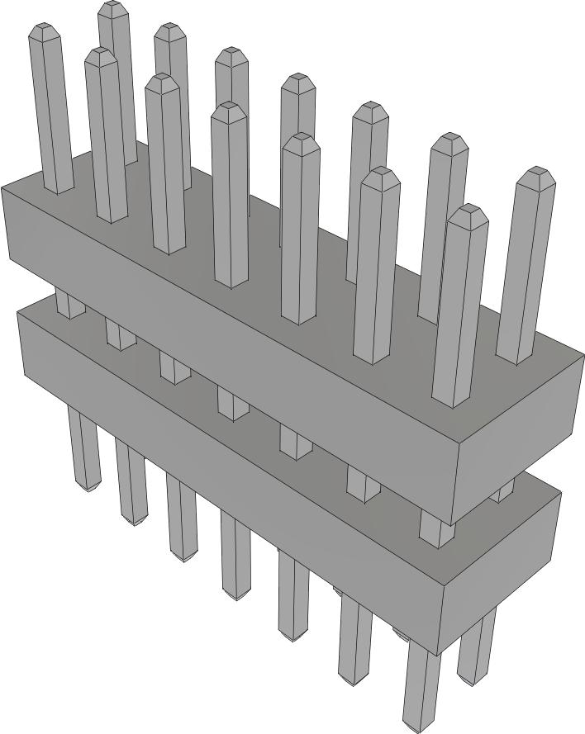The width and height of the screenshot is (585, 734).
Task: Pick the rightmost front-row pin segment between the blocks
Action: pos(435,528)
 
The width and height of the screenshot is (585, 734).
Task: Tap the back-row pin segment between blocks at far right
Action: pos(502,494)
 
